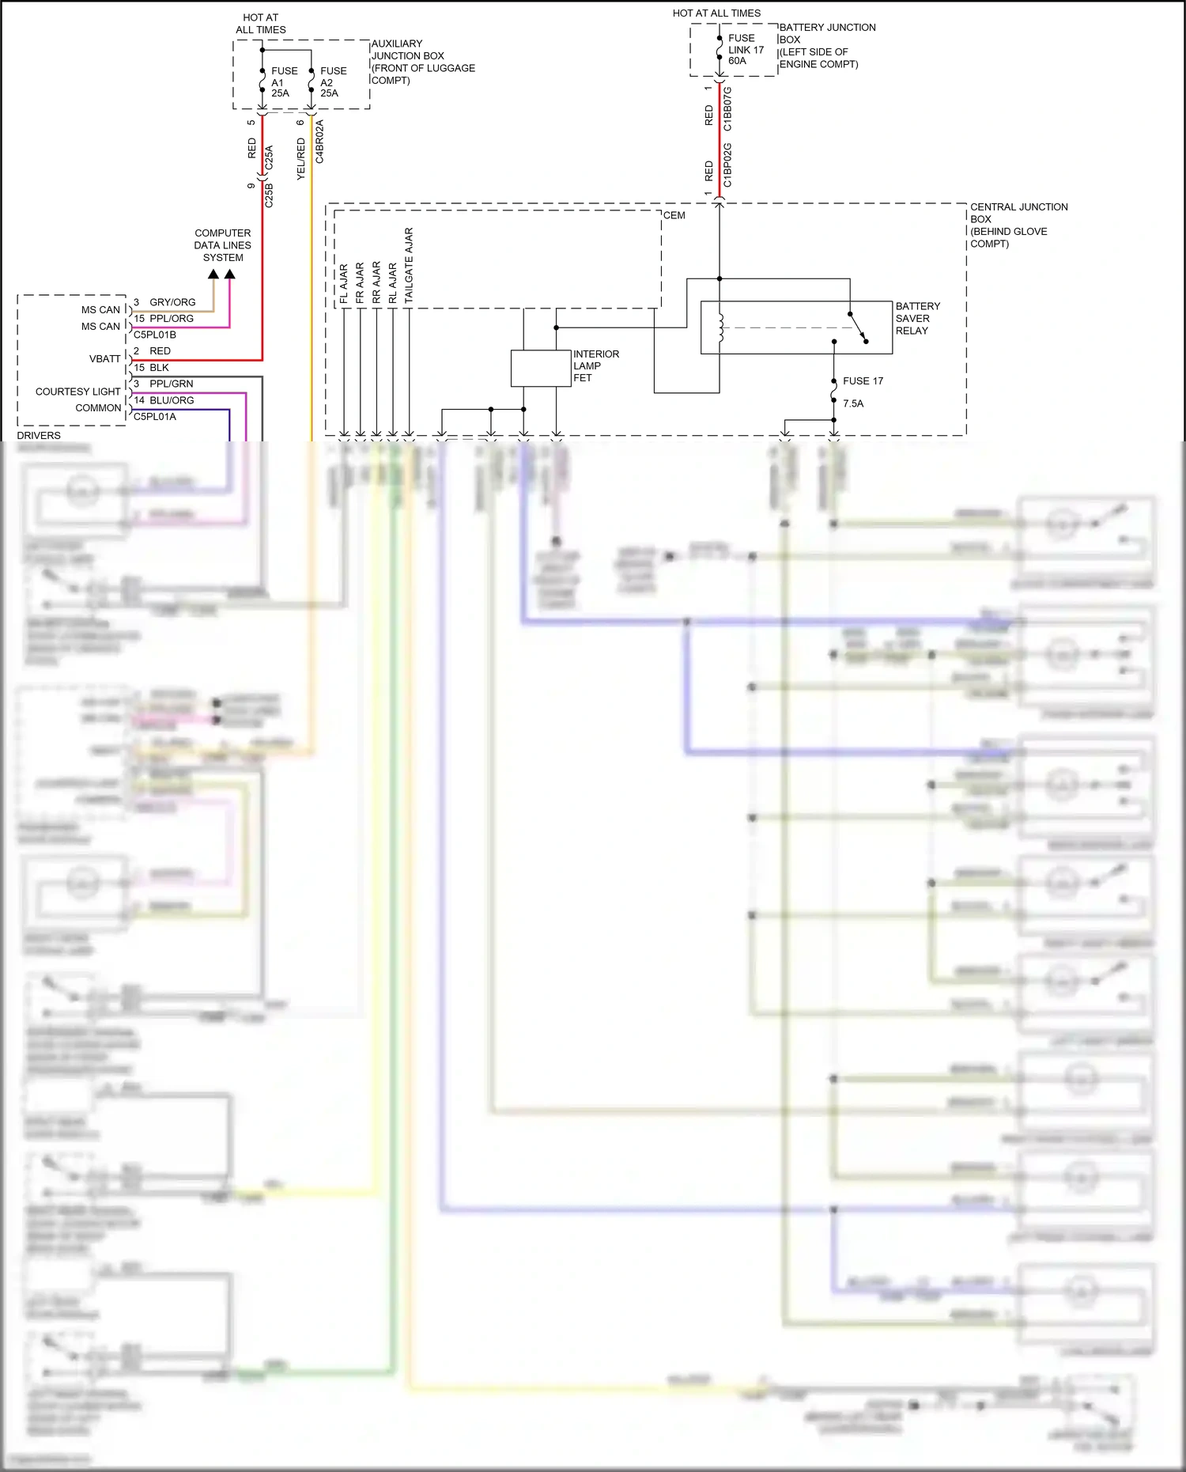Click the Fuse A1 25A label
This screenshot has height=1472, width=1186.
[283, 82]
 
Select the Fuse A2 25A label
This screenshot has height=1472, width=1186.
[332, 82]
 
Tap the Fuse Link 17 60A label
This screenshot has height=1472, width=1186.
[745, 49]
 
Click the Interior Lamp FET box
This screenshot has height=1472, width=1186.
[541, 369]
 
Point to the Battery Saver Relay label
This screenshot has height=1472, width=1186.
[917, 318]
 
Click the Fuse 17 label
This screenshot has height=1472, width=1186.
[863, 381]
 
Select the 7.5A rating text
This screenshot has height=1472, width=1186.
[853, 403]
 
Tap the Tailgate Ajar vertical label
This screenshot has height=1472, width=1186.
[409, 266]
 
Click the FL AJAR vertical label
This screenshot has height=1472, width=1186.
[344, 284]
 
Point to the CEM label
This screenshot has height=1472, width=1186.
[674, 215]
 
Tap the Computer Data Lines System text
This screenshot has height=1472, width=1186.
[223, 245]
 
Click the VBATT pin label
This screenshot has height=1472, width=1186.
[104, 359]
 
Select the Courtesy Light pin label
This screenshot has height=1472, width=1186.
[77, 392]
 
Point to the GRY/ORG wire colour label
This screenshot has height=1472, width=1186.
[172, 302]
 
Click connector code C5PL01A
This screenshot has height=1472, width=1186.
[155, 417]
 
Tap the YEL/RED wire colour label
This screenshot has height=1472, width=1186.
[300, 159]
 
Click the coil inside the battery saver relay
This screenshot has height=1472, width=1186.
[720, 327]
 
